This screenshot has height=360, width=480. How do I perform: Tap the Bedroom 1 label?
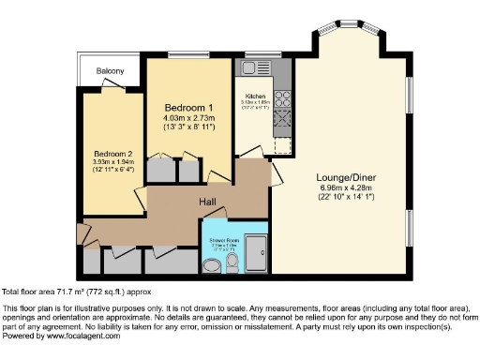pyautogui.click(x=188, y=107)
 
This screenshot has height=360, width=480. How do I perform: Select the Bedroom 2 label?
pyautogui.click(x=112, y=153)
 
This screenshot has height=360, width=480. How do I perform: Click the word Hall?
pyautogui.click(x=207, y=202)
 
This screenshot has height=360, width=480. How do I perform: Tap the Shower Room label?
pyautogui.click(x=222, y=241)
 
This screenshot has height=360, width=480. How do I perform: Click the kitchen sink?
pyautogui.click(x=254, y=68)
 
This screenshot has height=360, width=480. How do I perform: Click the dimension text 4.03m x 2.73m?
pyautogui.click(x=188, y=118)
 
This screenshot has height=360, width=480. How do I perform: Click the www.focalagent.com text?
pyautogui.click(x=78, y=336)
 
